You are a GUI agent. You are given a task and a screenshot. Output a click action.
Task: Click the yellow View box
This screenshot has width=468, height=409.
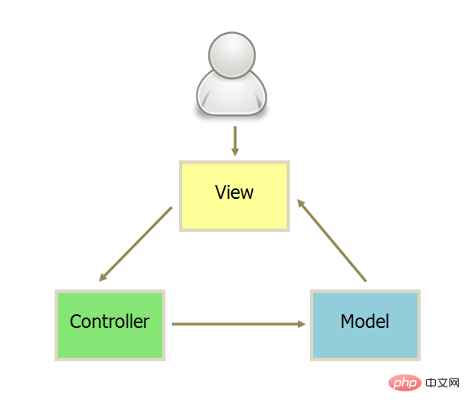(234, 196)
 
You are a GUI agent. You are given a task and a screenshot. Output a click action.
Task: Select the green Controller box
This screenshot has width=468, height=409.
(110, 325)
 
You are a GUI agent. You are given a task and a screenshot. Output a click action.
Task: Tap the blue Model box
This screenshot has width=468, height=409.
(365, 325)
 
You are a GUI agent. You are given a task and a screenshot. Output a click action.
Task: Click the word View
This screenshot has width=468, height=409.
(234, 192)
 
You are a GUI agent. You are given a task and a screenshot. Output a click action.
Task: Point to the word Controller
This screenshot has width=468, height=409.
(109, 322)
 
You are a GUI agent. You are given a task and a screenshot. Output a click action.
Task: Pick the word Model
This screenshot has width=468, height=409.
(364, 322)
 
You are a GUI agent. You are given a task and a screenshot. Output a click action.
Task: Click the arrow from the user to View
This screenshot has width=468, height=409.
(235, 141)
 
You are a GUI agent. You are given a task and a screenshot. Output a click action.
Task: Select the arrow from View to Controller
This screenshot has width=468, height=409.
(136, 244)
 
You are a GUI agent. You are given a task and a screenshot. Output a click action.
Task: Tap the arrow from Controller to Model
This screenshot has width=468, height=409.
(238, 324)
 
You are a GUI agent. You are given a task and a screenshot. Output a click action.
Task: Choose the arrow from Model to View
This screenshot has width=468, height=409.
(332, 241)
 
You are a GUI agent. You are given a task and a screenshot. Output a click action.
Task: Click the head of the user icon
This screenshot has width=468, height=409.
(232, 55)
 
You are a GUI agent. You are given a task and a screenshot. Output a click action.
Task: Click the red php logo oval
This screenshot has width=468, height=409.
(405, 383)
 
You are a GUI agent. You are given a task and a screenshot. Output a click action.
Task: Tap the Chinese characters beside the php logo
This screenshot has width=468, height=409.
(442, 383)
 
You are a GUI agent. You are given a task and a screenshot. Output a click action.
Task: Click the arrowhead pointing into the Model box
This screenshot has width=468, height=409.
(302, 324)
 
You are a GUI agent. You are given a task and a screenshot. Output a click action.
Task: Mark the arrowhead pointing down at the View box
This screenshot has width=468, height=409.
(235, 152)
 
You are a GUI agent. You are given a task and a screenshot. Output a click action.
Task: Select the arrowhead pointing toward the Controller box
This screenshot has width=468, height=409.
(103, 277)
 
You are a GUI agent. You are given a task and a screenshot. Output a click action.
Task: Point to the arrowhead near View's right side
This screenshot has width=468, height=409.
(300, 204)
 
